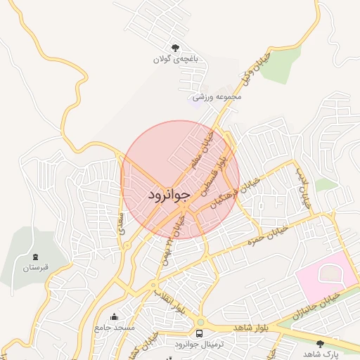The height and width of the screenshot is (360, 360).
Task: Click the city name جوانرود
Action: [x=169, y=195]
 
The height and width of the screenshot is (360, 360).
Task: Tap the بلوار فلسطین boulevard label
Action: [x=214, y=176]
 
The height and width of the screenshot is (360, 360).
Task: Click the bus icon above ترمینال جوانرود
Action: [x=200, y=333]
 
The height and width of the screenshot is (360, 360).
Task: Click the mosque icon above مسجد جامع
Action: [x=115, y=316]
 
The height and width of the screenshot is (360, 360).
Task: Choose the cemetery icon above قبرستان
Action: [x=36, y=257]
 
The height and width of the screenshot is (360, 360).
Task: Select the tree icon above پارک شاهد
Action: [x=321, y=344]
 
